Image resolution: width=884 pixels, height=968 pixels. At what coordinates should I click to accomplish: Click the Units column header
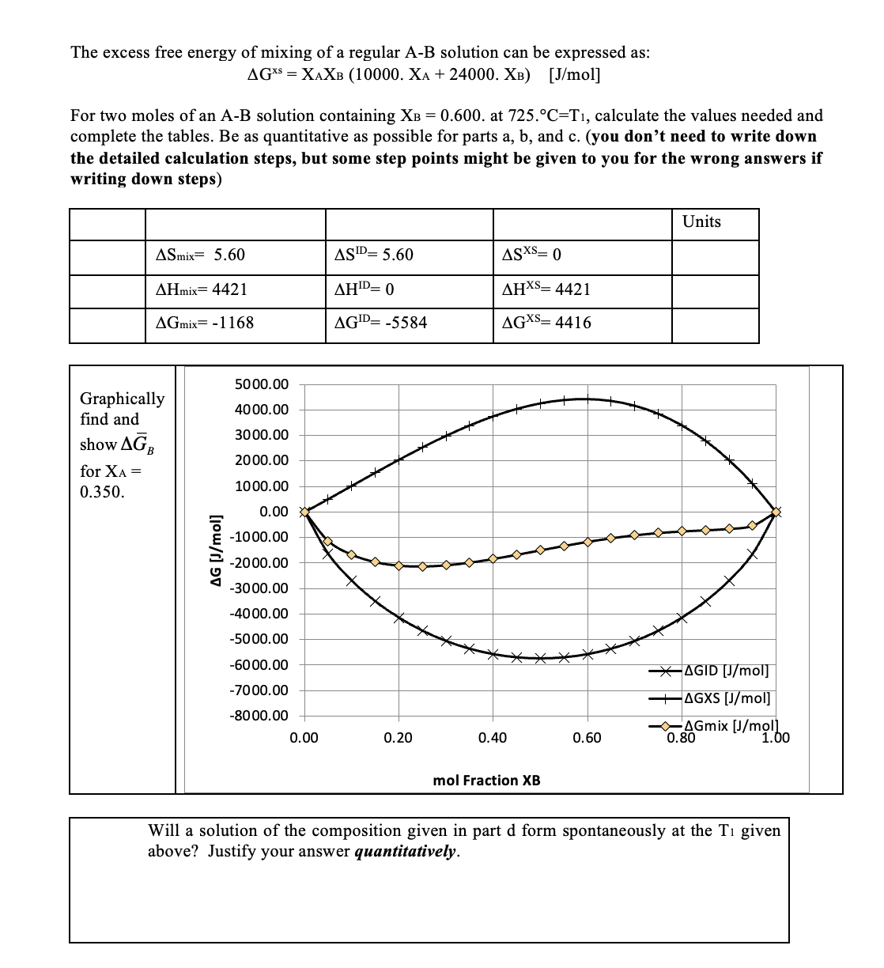tap(701, 221)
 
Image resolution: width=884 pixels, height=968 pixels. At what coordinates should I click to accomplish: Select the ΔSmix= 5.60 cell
tap(201, 255)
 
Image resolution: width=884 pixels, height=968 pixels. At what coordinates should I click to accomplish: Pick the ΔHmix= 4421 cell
tap(202, 289)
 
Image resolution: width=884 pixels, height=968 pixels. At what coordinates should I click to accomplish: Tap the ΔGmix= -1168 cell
tap(206, 323)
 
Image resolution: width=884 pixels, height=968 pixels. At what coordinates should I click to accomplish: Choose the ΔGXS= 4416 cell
tap(546, 323)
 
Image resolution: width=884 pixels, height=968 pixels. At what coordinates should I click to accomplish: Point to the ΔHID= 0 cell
tap(365, 289)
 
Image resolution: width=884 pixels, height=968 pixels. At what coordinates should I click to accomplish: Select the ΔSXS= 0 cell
tap(531, 255)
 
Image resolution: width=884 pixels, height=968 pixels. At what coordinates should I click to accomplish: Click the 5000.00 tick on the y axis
tap(262, 384)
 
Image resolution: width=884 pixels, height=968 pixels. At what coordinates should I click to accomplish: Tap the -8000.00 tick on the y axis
tap(259, 717)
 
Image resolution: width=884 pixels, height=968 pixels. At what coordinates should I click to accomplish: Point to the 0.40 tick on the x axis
tap(492, 739)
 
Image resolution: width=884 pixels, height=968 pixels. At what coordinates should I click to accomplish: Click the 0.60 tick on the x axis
tap(587, 739)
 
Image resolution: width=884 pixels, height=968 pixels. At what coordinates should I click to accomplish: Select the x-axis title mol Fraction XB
tap(487, 781)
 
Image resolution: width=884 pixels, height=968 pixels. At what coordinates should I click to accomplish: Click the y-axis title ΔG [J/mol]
tap(211, 550)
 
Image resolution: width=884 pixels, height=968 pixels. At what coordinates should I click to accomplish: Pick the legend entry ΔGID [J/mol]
tap(725, 671)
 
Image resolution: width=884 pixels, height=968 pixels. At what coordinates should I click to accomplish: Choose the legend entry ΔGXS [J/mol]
tap(726, 698)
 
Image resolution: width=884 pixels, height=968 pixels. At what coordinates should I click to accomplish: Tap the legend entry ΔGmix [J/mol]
tap(731, 726)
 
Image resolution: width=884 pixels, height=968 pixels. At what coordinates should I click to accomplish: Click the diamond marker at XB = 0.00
tap(304, 512)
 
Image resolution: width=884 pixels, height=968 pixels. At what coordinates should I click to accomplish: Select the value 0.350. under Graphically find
tap(102, 492)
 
